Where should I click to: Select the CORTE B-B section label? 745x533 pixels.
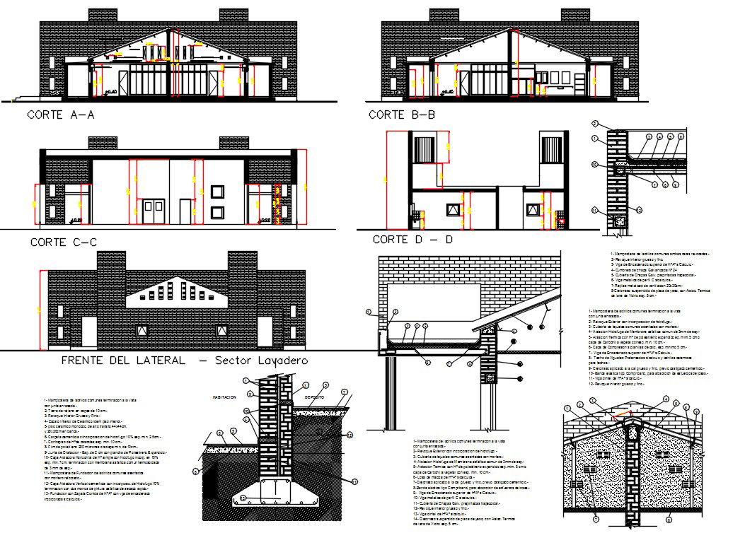point(402,115)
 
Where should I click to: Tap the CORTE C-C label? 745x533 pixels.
point(63,242)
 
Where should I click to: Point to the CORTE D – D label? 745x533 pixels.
point(412,240)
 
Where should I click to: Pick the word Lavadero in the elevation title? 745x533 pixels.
point(279,361)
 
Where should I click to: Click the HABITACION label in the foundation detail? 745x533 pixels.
point(224,397)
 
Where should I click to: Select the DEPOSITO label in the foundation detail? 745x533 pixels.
point(314,397)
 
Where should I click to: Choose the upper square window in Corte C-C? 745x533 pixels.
point(217,191)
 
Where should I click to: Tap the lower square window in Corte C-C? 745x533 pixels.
point(217,211)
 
